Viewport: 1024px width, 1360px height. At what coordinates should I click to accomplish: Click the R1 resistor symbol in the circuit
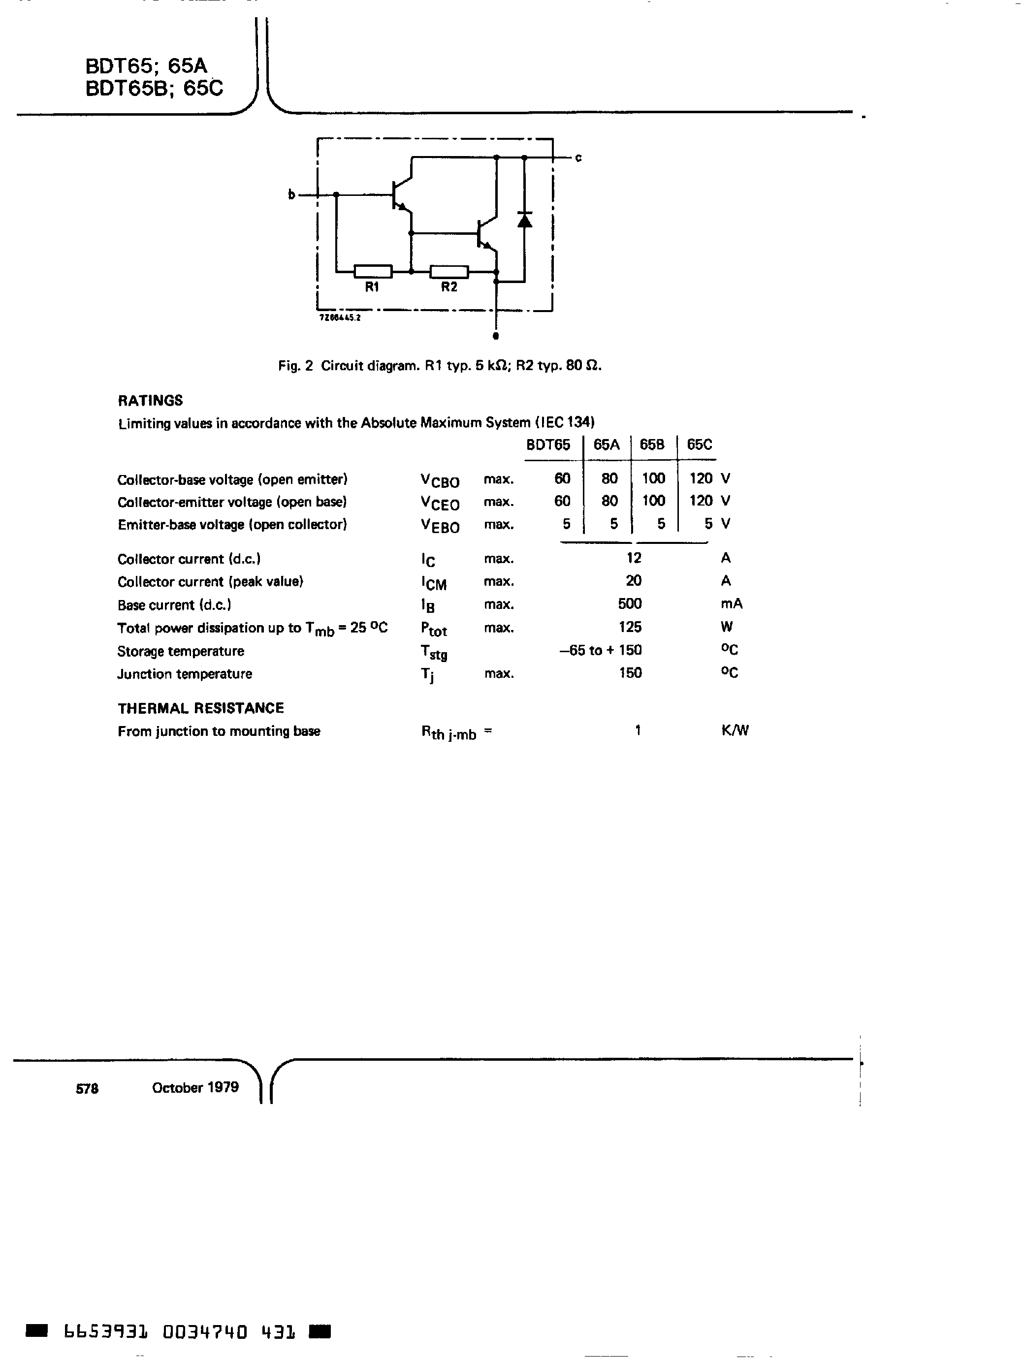pos(373,271)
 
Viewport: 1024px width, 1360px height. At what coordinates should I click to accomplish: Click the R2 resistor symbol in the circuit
pos(449,271)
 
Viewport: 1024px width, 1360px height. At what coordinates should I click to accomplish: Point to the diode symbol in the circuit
pos(524,220)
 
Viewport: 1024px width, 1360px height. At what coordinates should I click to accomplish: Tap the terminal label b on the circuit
pos(291,195)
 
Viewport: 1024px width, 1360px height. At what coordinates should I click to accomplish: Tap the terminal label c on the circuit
pos(578,158)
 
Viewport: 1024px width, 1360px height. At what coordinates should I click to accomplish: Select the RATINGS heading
pos(150,400)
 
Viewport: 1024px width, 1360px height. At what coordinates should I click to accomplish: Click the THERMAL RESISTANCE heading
pos(200,708)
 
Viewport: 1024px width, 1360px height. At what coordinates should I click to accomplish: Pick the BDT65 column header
pos(548,444)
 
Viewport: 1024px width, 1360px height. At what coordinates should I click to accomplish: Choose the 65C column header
pos(699,444)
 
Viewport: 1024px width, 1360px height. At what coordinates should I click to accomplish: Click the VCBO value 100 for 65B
pos(653,478)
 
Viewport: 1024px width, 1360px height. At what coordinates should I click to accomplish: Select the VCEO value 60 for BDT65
pos(562,501)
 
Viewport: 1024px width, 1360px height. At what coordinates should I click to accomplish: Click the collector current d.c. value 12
pos(634,558)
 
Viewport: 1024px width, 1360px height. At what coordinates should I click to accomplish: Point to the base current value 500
pos(630,604)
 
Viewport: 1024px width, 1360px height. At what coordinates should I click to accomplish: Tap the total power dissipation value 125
pos(630,627)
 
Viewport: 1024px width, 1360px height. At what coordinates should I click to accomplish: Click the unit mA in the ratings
pos(731,604)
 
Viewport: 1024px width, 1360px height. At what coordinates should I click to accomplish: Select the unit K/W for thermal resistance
pos(735,730)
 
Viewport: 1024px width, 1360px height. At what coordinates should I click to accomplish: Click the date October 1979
pos(195,1087)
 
